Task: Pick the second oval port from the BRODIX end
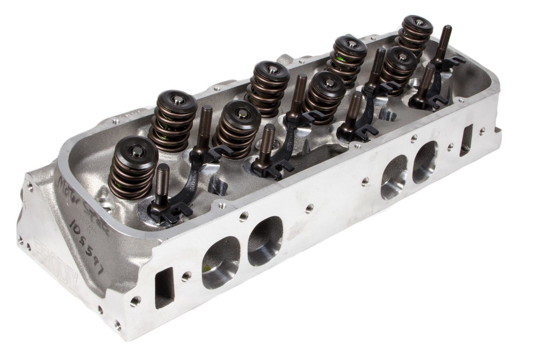pyautogui.click(x=265, y=241)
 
